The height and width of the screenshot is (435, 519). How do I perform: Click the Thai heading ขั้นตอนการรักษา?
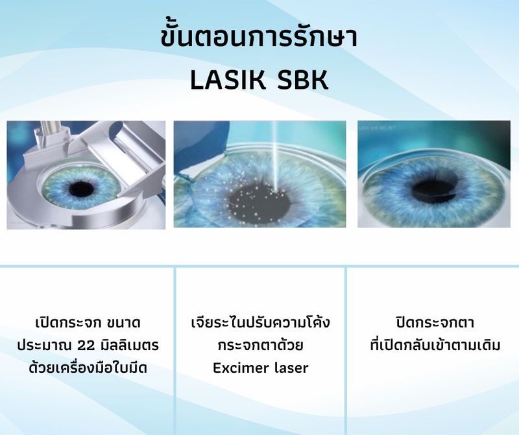pyautogui.click(x=259, y=38)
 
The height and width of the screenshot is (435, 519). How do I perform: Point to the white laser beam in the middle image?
pyautogui.click(x=276, y=156)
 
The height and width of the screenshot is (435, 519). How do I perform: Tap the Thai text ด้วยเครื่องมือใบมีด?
pyautogui.click(x=88, y=368)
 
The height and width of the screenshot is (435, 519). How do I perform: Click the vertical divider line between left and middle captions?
pyautogui.click(x=175, y=350)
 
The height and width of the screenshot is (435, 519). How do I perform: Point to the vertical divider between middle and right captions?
pyautogui.click(x=346, y=350)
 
